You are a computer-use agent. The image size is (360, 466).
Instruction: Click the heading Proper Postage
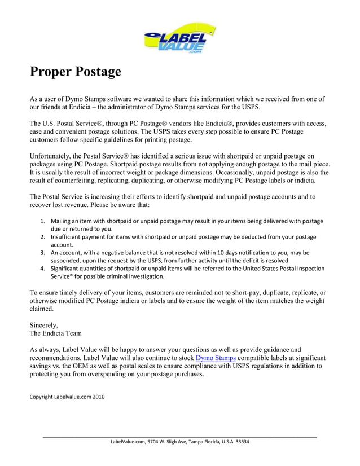tap(75, 72)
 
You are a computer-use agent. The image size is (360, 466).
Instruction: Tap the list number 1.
tap(43, 221)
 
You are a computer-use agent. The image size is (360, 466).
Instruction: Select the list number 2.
tap(43, 237)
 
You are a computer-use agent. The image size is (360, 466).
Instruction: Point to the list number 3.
tap(43, 253)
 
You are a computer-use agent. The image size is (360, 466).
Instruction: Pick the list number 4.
tap(43, 269)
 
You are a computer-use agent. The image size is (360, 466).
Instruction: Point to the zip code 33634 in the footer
tap(241, 442)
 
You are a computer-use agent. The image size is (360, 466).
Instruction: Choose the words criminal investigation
tap(138, 276)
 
